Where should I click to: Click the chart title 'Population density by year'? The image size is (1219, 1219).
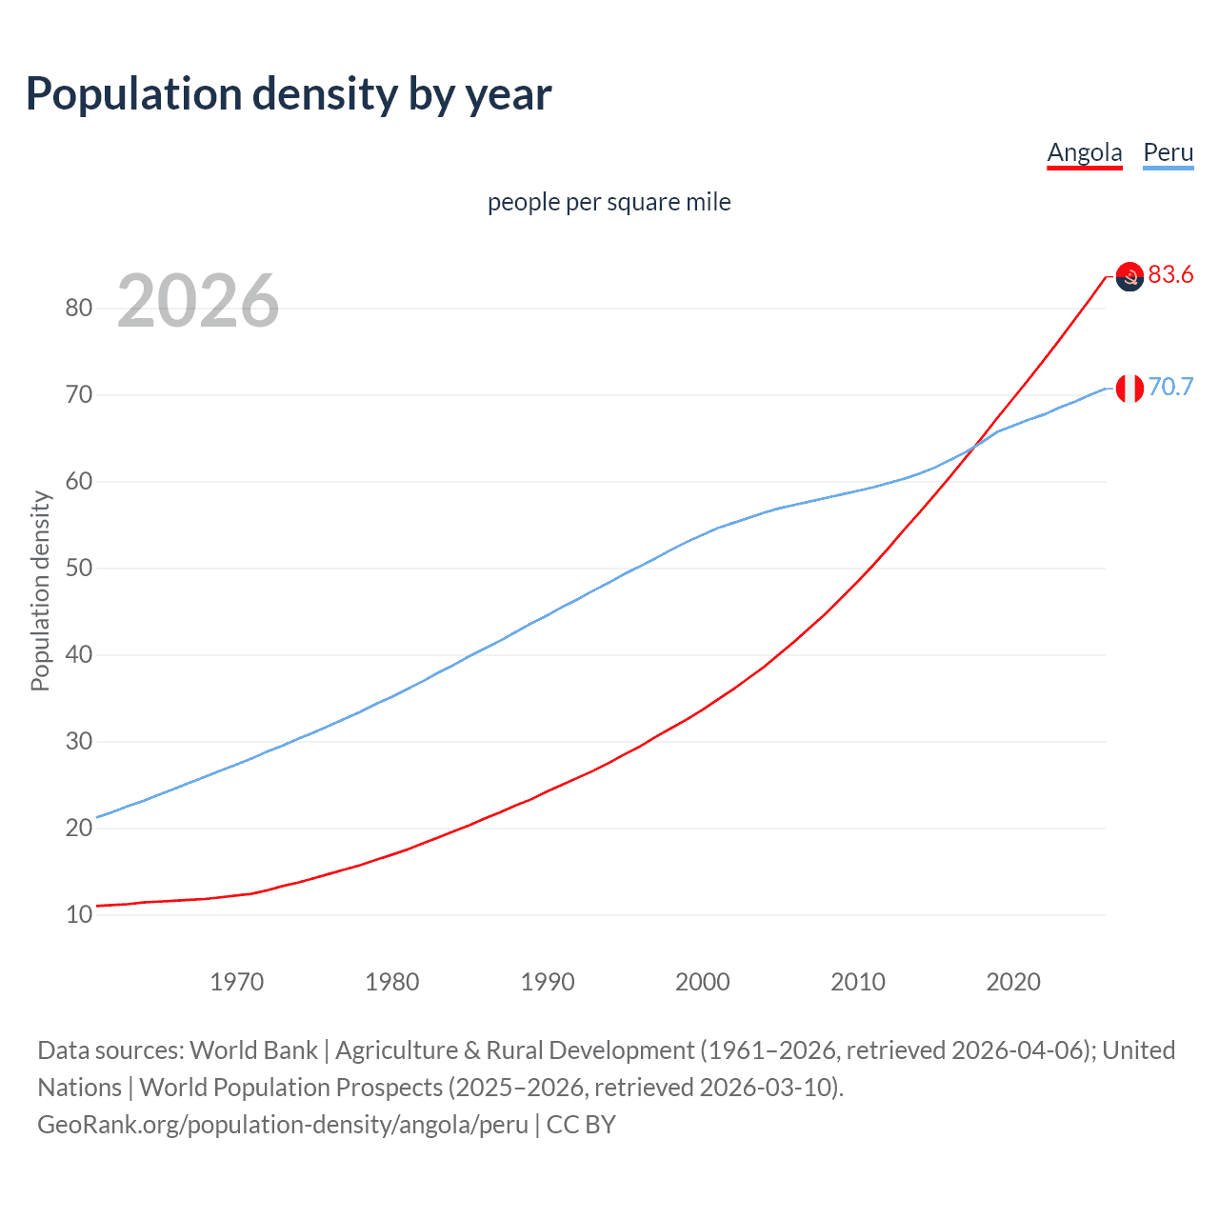(x=289, y=94)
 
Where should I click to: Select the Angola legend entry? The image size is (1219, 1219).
(x=1084, y=152)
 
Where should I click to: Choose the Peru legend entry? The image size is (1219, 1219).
(x=1168, y=152)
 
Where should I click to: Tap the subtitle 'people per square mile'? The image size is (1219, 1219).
(x=609, y=203)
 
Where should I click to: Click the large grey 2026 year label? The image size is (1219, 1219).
(x=198, y=301)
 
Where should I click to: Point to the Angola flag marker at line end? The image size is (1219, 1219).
(x=1129, y=277)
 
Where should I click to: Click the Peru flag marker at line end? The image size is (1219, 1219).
(x=1129, y=389)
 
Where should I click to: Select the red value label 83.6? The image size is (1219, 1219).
(x=1170, y=275)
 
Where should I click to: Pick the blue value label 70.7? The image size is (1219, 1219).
(x=1170, y=388)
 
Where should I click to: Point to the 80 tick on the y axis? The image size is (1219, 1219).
(x=79, y=308)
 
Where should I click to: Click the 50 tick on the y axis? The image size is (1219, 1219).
(x=79, y=569)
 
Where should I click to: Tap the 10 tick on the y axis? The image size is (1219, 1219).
(x=79, y=915)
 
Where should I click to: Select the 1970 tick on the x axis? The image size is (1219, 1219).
(x=236, y=982)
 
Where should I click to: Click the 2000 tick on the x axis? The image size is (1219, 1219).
(x=702, y=982)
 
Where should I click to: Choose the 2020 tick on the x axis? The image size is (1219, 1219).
(x=1012, y=982)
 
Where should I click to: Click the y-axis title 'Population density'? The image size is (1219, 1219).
(x=40, y=590)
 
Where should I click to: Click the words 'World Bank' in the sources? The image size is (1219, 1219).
(x=253, y=1050)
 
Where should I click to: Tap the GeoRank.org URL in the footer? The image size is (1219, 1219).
(x=283, y=1125)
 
